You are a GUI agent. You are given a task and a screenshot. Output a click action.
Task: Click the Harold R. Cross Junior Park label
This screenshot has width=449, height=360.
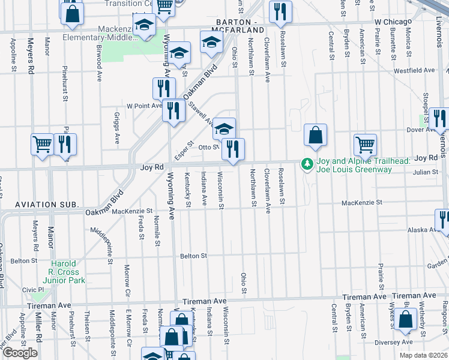(63, 272)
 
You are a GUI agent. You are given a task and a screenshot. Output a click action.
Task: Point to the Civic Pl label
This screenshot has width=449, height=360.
(30, 290)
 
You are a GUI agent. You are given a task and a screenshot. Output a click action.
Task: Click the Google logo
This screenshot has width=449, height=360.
(20, 352)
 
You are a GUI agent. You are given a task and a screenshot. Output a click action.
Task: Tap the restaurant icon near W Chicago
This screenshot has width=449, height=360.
(280, 12)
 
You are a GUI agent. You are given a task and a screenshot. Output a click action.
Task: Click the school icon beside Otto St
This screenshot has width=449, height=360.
(224, 128)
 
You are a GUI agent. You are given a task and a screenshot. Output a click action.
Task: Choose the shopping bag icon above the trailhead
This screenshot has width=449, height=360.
(315, 135)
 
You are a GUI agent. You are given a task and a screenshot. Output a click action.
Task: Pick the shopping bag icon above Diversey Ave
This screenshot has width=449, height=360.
(406, 320)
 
